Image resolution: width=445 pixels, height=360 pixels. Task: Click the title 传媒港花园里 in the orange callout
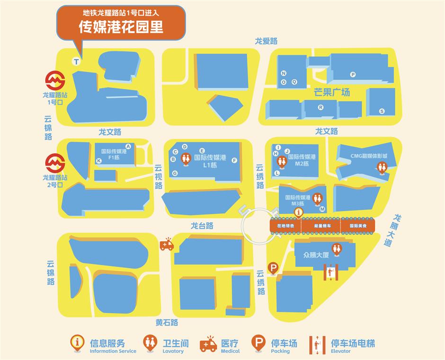pos(121,26)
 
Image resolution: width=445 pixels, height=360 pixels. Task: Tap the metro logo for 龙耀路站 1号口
pos(55,81)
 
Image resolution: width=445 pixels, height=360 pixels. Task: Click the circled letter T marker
pos(76,61)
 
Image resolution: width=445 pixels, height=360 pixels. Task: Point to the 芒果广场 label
pos(332,92)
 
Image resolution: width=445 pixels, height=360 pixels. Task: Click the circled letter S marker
pos(382,111)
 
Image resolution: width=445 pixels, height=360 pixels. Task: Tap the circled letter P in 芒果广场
pos(353,74)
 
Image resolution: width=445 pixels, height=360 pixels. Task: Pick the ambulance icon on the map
pos(166,244)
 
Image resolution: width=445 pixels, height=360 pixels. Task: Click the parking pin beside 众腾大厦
pos(273,268)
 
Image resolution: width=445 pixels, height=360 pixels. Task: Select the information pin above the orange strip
pos(298,211)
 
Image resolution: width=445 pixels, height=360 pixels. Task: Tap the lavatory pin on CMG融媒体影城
pos(382,166)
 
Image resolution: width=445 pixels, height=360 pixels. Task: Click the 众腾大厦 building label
pos(316,255)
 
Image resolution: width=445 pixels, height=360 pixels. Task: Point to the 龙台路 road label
pos(202,226)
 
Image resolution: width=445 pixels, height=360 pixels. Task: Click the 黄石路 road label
pos(167,323)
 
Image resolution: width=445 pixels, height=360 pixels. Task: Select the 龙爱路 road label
pos(266,41)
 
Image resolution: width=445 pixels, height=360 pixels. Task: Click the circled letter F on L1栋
pos(234,160)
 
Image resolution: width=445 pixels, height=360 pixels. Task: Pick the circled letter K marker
pos(99,161)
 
